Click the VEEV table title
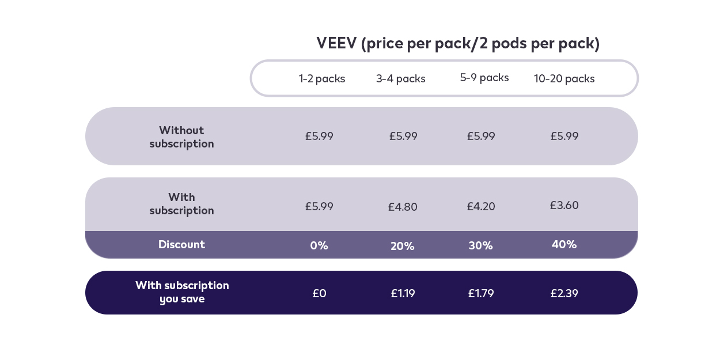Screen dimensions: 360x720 458,44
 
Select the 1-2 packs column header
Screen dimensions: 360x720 322,79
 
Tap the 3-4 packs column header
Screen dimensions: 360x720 401,79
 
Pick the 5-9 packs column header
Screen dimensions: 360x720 484,78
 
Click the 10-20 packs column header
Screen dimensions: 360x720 564,79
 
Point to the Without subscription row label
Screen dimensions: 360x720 181,137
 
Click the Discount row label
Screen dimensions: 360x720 181,245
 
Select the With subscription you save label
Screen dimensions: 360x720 182,293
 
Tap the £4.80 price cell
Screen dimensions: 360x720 403,207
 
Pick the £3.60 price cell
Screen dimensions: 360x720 564,206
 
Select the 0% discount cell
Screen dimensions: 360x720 319,246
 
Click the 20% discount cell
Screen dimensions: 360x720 403,247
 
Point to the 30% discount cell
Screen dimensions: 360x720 480,246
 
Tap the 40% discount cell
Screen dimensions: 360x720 564,245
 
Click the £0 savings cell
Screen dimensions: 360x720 319,294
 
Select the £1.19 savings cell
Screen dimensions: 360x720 403,294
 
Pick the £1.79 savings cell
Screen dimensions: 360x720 481,294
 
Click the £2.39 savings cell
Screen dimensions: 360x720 564,294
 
